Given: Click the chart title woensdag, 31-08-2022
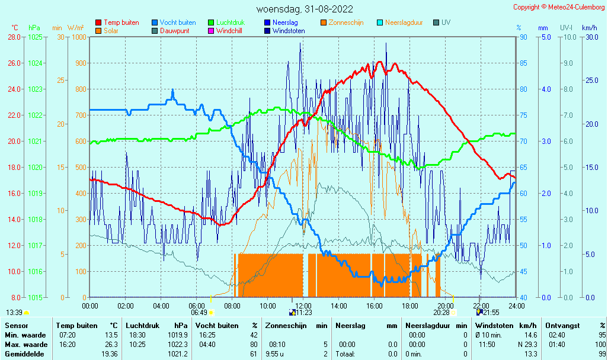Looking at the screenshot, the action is (x=305, y=9).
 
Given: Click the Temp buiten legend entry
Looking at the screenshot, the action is (x=117, y=22).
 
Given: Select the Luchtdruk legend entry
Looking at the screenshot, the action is (x=226, y=22).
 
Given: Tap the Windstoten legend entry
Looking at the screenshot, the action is (x=284, y=31).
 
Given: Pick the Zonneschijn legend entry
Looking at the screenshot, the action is (x=342, y=22).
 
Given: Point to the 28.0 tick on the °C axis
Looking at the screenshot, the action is (x=14, y=37).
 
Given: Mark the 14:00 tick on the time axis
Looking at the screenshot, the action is (x=339, y=306).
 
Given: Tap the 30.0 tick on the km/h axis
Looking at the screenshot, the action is (x=592, y=37).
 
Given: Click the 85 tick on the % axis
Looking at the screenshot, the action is (x=523, y=63).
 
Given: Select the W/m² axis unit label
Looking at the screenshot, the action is (x=76, y=27).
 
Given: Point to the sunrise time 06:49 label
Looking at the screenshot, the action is (x=199, y=313).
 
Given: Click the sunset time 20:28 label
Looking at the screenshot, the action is (x=441, y=313).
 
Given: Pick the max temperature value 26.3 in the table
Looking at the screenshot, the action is (x=111, y=345).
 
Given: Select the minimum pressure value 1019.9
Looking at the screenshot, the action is (x=178, y=335).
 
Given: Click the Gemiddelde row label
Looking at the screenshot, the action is (x=24, y=354).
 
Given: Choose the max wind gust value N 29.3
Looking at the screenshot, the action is (x=527, y=345).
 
